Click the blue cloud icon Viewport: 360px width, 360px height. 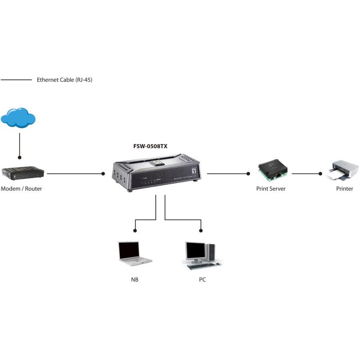coord(18,118)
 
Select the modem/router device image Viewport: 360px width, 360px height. coord(22,173)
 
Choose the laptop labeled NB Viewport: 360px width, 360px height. coord(134,254)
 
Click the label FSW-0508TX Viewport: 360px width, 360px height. coord(150,146)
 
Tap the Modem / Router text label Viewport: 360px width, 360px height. coord(22,189)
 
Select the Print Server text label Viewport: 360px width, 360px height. coord(271,189)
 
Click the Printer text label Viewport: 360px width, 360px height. coord(345,189)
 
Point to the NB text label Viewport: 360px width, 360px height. coord(135,280)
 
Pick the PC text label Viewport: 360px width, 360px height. coord(203,280)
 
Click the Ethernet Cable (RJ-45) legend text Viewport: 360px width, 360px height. coord(64,80)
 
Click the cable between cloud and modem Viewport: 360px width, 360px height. coord(19,144)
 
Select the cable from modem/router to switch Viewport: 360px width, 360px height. coord(75,173)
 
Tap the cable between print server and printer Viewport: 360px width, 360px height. coord(306,173)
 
